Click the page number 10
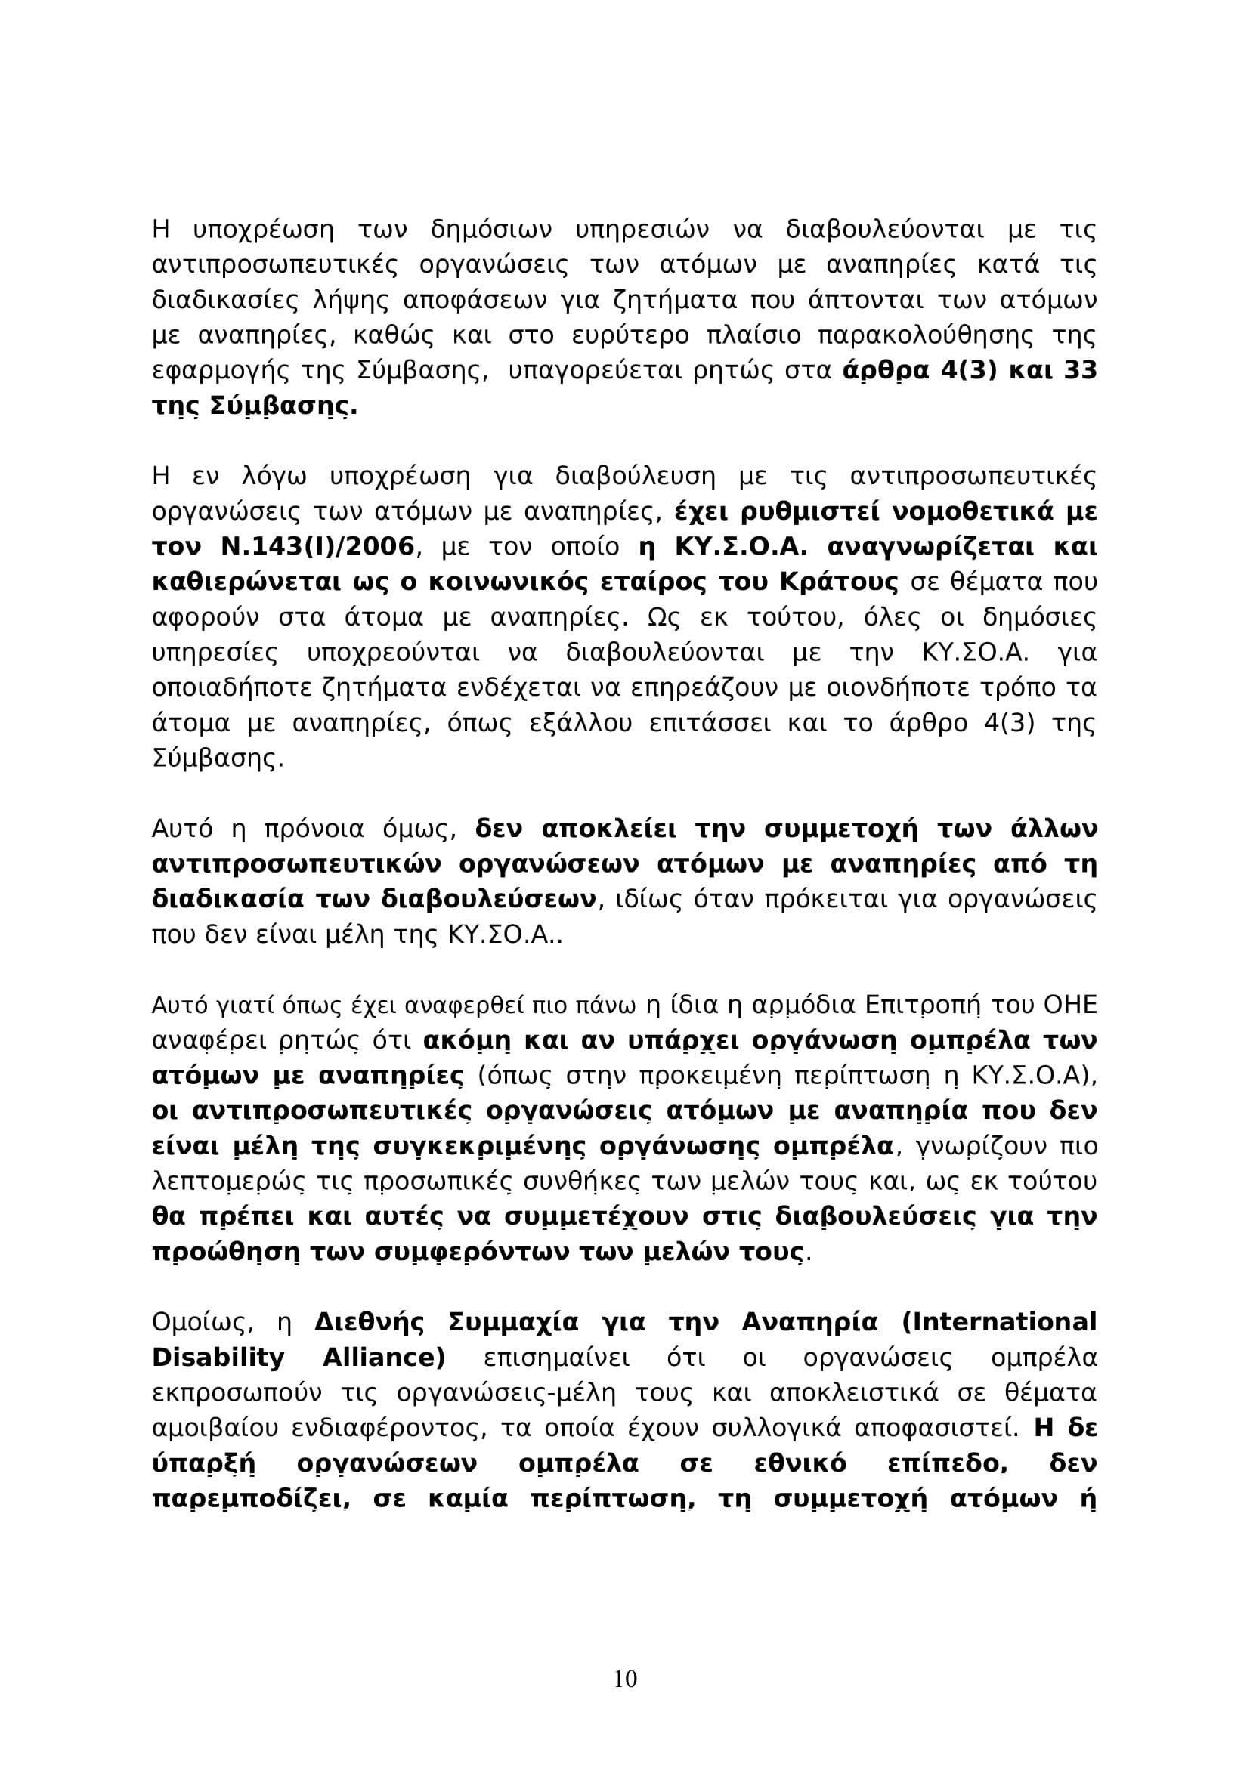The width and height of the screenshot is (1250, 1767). tap(625, 1679)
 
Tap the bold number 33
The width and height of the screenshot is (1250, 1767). tap(1080, 371)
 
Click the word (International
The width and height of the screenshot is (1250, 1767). tap(998, 1322)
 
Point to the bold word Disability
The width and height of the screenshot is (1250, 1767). tap(218, 1358)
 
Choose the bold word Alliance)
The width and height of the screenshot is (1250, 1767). tap(384, 1358)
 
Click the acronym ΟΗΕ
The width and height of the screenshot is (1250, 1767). tap(1069, 1006)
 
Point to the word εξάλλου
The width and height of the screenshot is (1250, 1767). tap(574, 724)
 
